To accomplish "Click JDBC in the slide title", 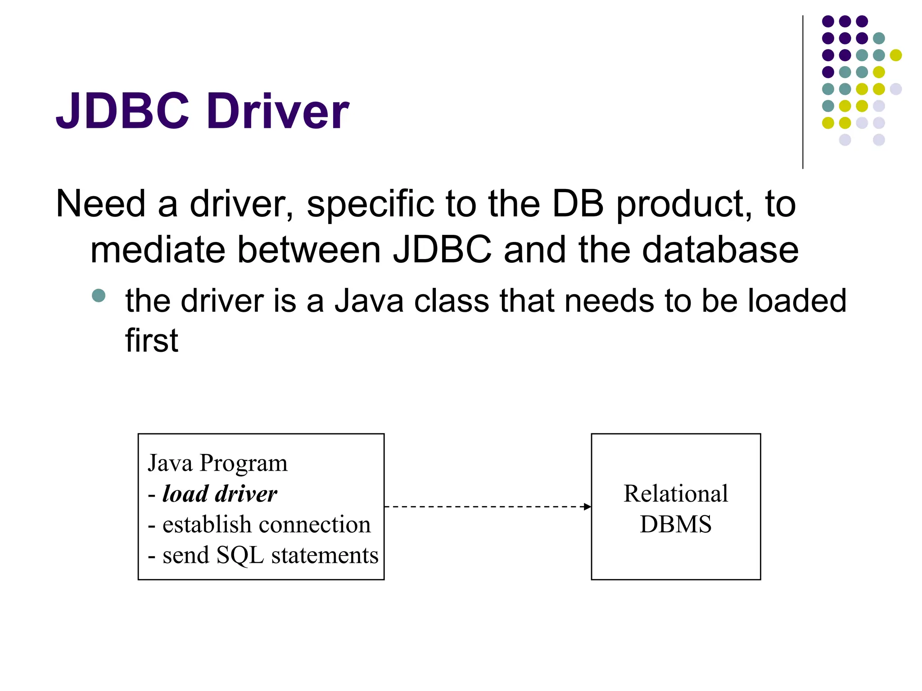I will (x=122, y=111).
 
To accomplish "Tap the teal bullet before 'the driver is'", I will (x=98, y=296).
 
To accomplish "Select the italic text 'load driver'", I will (x=220, y=494).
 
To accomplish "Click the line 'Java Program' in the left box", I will (x=217, y=463).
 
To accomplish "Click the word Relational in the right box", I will (x=675, y=494).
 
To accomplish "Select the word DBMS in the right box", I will (x=675, y=525).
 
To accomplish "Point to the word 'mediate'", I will (x=158, y=250).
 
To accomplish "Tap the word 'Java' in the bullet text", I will (x=369, y=301).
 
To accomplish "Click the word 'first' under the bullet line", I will (x=152, y=341).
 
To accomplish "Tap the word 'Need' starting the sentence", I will (x=100, y=204).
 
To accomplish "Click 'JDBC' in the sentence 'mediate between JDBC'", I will (x=443, y=250).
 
